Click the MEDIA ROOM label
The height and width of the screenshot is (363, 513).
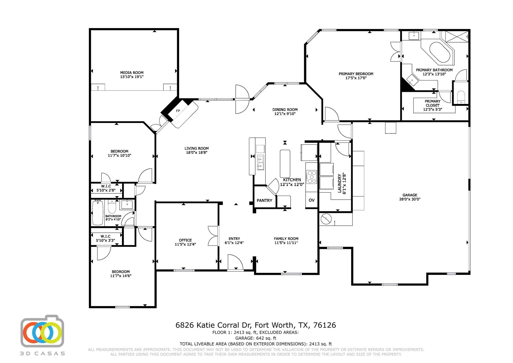coord(132,73)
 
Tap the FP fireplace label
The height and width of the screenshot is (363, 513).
coord(178,111)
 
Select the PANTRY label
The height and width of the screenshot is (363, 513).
coord(264,200)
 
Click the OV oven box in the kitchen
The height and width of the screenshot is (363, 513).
coord(311,200)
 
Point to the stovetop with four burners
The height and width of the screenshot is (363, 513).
coord(312,177)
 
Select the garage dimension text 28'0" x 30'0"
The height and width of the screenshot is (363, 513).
coord(410,199)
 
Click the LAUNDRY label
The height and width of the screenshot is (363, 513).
coord(340,183)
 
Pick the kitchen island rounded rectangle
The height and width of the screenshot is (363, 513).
coord(285,164)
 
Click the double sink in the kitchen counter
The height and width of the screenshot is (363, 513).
coord(261,162)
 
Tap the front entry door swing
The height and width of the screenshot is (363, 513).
coord(235,262)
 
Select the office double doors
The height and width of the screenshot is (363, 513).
coord(213,236)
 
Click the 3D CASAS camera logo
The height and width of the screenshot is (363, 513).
coord(42,331)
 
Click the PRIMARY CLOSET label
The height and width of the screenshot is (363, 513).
coord(432,103)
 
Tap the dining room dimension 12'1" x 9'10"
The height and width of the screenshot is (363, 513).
coord(285,113)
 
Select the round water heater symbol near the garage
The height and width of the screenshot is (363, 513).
coord(326,219)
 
